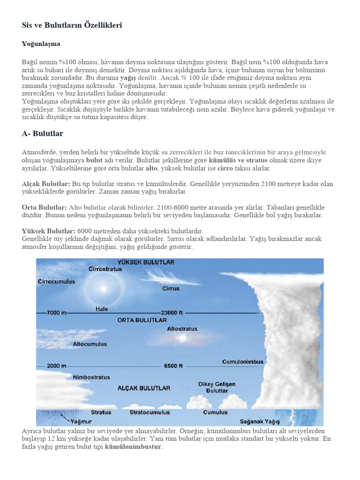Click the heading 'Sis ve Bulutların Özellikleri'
[x=72, y=25]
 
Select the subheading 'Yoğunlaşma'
[x=41, y=44]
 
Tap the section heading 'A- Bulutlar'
[x=42, y=134]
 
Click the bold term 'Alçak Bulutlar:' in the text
[x=46, y=184]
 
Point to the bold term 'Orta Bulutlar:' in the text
[x=45, y=207]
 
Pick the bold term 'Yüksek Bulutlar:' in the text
[x=48, y=231]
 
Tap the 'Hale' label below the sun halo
[x=102, y=309]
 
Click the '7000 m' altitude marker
[x=57, y=313]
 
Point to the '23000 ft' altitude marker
[x=172, y=313]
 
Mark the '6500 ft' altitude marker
[x=173, y=366]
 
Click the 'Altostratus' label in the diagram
[x=182, y=329]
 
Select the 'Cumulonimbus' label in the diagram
[x=242, y=362]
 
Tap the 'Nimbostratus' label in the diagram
[x=91, y=377]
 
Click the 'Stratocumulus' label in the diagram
[x=150, y=412]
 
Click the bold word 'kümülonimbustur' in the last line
[x=134, y=447]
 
